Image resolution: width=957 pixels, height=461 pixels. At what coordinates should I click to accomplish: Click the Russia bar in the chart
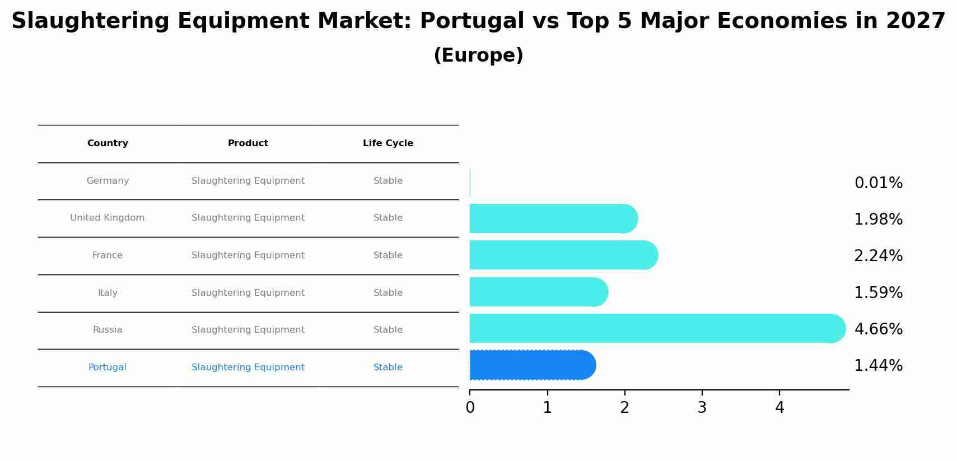(655, 328)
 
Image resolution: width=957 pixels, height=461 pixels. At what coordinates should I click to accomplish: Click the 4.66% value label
(878, 329)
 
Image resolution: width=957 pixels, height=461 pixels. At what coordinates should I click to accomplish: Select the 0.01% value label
(878, 183)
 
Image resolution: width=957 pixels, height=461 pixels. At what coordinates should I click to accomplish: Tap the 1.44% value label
(878, 366)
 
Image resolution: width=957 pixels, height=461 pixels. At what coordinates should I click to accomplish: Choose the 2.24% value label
(878, 256)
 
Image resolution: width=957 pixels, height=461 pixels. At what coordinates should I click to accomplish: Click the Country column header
(108, 143)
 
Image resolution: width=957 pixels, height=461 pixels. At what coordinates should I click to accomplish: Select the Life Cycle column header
(388, 143)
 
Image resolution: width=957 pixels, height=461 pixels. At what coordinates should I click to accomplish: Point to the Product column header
(248, 143)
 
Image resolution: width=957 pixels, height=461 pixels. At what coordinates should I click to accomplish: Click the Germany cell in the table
(108, 181)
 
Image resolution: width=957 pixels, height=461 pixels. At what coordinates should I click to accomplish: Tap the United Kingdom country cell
(108, 218)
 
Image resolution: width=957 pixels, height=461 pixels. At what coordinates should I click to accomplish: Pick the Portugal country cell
(108, 367)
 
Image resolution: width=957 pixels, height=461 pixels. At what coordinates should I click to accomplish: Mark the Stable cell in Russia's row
(388, 330)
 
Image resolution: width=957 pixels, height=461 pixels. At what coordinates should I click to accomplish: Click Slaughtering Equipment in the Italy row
(248, 293)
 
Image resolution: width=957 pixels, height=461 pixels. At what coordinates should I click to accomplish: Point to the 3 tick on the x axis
(702, 408)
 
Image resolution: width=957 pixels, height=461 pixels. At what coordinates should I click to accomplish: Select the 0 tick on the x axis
(470, 408)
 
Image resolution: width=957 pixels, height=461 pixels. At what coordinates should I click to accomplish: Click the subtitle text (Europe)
(478, 55)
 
